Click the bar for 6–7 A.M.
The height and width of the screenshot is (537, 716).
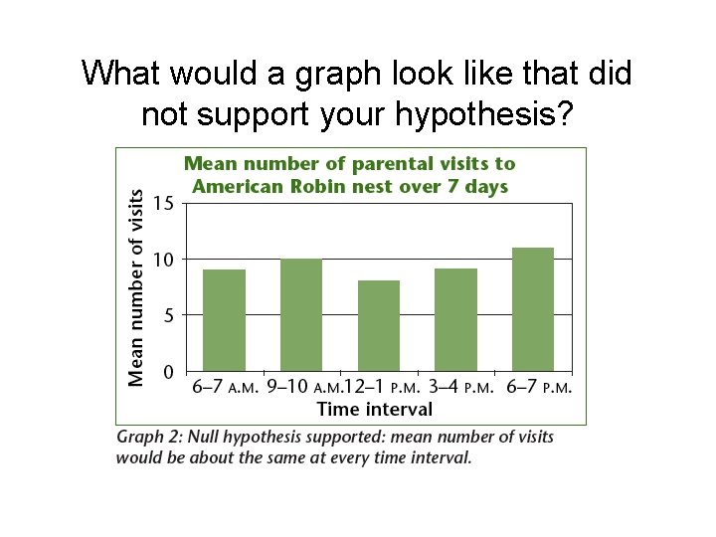224,320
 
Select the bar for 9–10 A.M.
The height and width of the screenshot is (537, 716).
301,315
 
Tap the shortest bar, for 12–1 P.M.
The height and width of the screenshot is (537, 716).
379,326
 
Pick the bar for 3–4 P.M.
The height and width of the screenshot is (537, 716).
455,320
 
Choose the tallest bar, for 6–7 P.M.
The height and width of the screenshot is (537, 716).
533,309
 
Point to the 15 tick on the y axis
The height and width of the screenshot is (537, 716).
164,203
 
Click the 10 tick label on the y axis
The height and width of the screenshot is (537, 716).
164,260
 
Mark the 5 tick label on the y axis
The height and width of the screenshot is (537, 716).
169,315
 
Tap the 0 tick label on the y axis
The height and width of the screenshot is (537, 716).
169,372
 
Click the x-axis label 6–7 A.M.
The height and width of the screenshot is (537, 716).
226,387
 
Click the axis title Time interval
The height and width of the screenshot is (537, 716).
374,409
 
